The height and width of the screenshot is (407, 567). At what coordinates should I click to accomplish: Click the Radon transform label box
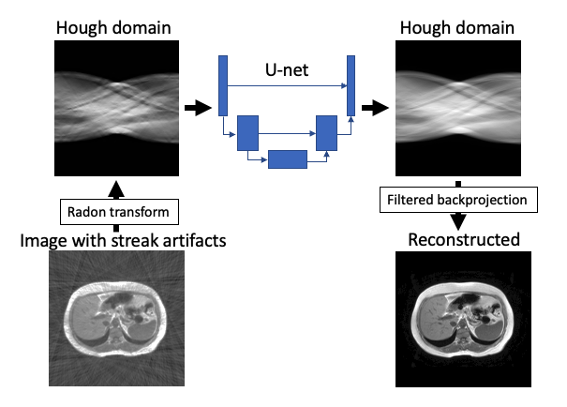[x=116, y=213]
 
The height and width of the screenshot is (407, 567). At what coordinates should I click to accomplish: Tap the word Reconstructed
[x=463, y=239]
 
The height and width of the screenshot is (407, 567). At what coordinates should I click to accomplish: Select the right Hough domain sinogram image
[x=457, y=109]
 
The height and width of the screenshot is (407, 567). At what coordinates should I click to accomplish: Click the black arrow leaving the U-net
[x=374, y=109]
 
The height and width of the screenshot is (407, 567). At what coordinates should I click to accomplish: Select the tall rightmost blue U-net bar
[x=351, y=84]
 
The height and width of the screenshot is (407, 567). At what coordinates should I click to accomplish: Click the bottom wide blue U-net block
[x=287, y=159]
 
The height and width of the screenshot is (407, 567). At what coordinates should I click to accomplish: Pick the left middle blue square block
[x=247, y=133]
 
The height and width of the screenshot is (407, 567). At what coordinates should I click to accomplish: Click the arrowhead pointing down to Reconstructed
[x=459, y=221]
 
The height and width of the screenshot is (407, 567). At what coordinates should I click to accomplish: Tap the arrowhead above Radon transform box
[x=116, y=189]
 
